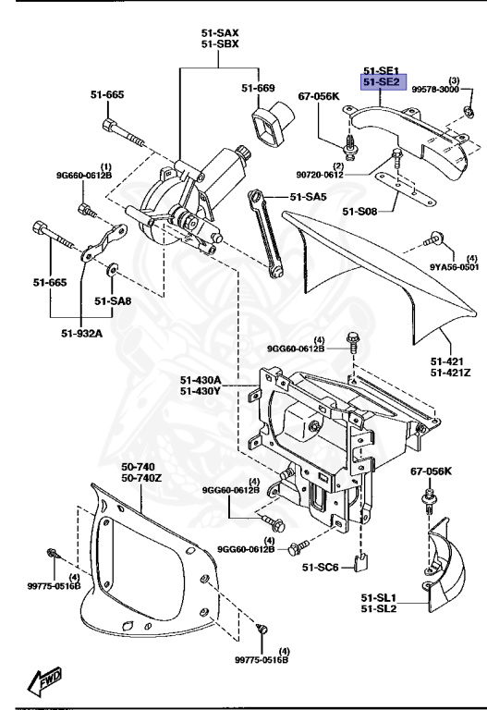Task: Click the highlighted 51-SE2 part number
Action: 380,82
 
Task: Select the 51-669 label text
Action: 259,88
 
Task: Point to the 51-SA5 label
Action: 309,196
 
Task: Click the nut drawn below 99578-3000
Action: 469,113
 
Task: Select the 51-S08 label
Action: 360,212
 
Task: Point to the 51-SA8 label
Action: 113,300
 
